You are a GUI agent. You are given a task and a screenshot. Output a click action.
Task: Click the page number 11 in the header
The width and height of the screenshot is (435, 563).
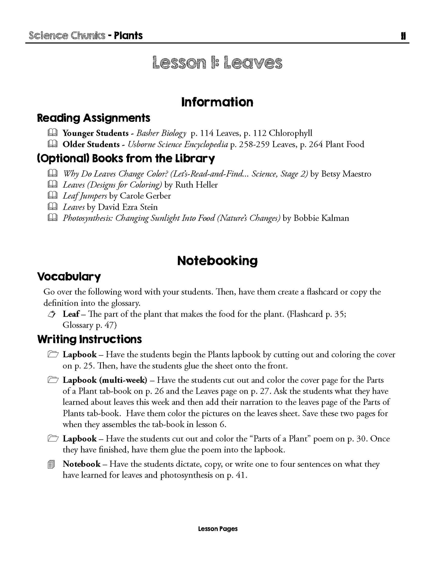[403, 36]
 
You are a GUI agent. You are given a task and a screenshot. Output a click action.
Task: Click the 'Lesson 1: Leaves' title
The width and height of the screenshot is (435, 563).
[217, 63]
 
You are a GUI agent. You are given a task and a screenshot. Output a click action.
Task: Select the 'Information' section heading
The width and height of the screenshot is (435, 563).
[217, 102]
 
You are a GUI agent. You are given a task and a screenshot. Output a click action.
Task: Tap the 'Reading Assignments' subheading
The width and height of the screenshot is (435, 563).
[94, 118]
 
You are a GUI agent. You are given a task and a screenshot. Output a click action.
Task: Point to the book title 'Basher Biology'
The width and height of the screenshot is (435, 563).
[161, 133]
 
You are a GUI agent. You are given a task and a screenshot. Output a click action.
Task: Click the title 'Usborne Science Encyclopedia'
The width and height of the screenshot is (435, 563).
[178, 144]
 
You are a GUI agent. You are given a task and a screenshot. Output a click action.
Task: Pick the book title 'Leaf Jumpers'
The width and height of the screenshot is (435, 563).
[85, 196]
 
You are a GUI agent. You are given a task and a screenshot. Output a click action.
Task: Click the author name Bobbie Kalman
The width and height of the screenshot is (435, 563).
[321, 218]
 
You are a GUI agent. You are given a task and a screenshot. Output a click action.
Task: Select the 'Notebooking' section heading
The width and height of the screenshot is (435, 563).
[217, 261]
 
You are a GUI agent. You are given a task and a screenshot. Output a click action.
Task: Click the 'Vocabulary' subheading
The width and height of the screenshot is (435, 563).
[69, 277]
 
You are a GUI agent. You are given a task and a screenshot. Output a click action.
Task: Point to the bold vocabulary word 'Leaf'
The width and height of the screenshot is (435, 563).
[71, 314]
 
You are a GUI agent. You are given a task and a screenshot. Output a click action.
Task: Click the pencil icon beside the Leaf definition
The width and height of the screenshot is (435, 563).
[51, 315]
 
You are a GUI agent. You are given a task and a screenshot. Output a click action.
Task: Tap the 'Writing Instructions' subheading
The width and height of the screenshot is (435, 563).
[90, 339]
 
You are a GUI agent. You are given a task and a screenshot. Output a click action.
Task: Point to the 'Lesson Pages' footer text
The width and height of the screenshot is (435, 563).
[218, 529]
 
